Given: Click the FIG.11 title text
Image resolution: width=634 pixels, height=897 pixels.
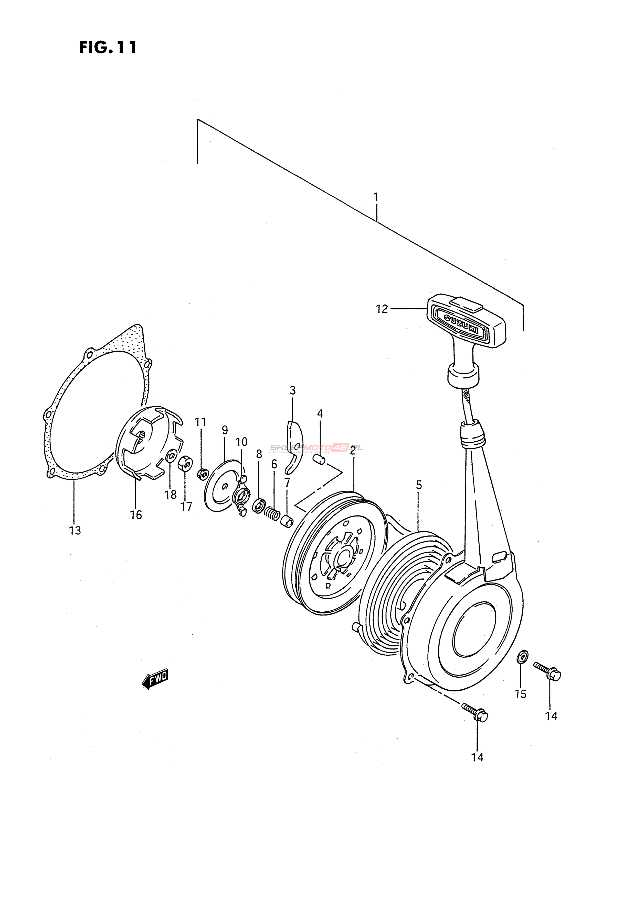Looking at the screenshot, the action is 108,48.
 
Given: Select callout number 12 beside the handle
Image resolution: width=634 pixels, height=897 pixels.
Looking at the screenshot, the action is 382,309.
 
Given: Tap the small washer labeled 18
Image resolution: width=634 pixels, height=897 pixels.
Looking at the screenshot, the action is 171,456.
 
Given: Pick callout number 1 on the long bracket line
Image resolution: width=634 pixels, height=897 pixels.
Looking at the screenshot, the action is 376,197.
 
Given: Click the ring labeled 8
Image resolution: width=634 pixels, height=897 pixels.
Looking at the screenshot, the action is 259,506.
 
